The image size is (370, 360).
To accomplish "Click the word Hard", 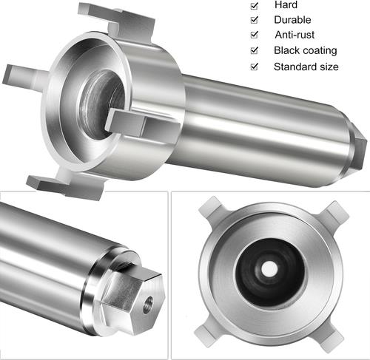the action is click(x=286, y=5).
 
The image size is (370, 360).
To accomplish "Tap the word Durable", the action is click(x=292, y=20).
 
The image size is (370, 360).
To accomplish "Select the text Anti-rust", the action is click(x=295, y=35).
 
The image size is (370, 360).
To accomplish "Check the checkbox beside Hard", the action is click(x=255, y=6).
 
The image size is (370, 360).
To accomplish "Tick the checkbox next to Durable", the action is click(x=255, y=20).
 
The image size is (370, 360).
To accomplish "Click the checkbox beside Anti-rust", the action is click(x=255, y=35).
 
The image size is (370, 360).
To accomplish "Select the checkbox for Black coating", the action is click(x=255, y=50).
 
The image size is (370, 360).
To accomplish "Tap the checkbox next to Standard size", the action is click(x=255, y=67).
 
